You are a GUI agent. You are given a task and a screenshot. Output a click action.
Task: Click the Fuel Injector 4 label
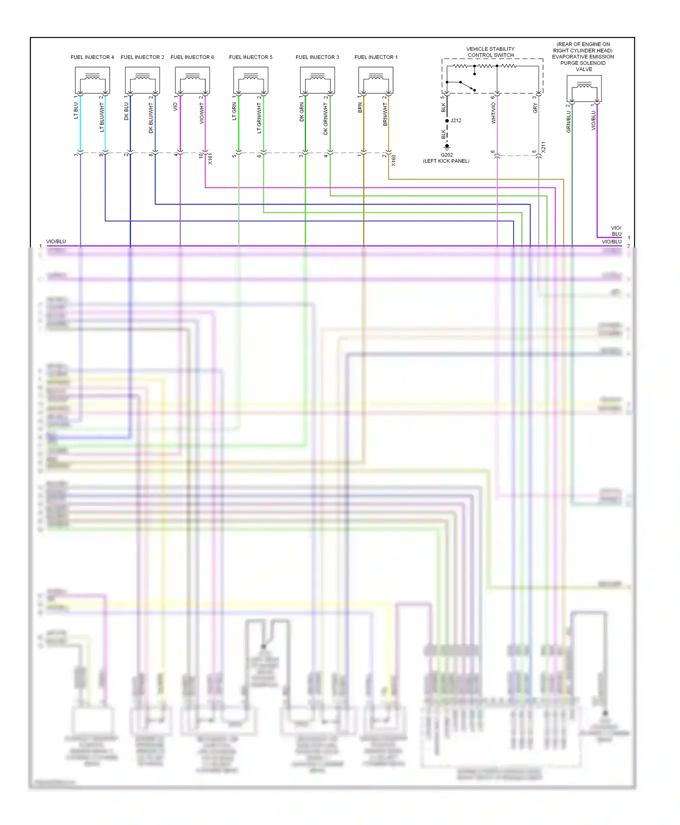click(92, 57)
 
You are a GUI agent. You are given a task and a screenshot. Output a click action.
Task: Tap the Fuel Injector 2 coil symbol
click(142, 80)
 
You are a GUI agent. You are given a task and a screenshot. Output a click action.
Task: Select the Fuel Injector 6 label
click(192, 57)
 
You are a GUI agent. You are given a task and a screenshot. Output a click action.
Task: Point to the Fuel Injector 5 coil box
click(251, 80)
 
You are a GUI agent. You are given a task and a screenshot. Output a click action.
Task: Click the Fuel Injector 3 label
click(317, 57)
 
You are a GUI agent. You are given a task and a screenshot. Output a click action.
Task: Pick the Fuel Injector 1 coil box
click(376, 80)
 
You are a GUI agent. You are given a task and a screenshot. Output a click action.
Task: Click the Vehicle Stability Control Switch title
click(491, 52)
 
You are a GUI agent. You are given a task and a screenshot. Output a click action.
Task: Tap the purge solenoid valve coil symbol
click(584, 88)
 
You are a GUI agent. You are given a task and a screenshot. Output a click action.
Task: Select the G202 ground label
click(447, 155)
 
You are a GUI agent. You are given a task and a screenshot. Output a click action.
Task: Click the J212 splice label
click(456, 121)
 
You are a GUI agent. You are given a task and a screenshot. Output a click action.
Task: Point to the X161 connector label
click(210, 159)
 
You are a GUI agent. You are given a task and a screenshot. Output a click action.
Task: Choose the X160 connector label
click(393, 160)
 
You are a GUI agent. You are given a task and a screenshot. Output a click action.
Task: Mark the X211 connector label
click(544, 147)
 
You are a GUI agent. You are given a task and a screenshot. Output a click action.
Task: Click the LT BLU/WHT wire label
click(102, 117)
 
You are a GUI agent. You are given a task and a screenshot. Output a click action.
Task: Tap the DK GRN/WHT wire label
click(325, 118)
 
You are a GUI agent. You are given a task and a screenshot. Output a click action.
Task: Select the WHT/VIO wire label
click(494, 113)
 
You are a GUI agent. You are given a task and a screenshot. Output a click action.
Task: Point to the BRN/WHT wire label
click(385, 114)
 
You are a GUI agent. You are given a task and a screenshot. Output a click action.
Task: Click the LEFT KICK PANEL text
click(446, 161)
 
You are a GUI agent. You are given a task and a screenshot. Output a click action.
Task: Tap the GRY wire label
click(535, 108)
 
